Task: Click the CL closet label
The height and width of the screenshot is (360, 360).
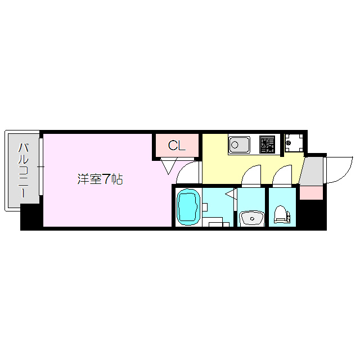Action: (177, 146)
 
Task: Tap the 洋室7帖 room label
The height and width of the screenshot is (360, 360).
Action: (100, 179)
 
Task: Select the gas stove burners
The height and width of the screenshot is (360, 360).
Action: (267, 145)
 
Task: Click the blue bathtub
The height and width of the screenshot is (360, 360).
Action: (188, 207)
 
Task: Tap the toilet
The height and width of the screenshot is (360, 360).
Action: (281, 214)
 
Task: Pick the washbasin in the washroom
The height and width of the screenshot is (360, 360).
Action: (251, 217)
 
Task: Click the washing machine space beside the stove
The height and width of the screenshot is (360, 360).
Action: (292, 144)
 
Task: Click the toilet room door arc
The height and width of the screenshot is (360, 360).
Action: (283, 173)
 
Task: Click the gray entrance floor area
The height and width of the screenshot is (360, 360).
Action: (313, 169)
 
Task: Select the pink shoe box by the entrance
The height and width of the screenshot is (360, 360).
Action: (310, 192)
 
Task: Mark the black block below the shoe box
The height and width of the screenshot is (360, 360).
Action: (312, 214)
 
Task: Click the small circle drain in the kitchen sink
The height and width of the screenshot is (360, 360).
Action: (235, 145)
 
